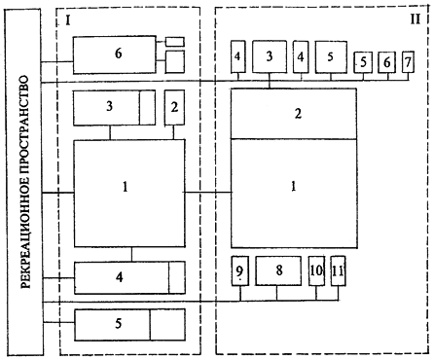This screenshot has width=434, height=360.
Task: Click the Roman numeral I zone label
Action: coord(67,20)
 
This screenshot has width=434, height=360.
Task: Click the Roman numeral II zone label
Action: coord(416,19)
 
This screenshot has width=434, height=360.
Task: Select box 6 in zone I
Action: coord(114,54)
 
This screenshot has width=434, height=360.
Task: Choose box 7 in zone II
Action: coord(408,61)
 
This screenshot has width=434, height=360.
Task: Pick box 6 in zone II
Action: coord(386,62)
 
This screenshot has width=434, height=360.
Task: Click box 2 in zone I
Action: coord(174,107)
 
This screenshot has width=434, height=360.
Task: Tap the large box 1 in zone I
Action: coord(129,194)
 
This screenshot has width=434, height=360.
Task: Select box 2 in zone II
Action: coord(294,114)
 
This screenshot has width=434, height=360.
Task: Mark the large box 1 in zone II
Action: coord(294,194)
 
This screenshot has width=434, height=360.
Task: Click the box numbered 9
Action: coord(240,270)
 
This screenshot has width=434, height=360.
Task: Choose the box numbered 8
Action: coord(278,270)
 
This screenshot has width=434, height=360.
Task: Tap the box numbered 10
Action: coord(316,270)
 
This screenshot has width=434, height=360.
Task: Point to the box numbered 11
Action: coord(338,270)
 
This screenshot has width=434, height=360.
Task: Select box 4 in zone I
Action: coord(129,277)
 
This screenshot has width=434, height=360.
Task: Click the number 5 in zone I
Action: coord(119,323)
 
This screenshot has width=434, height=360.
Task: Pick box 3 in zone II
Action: coord(270,56)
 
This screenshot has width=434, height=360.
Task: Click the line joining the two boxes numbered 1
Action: coord(207,193)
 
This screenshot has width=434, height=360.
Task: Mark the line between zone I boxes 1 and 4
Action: coord(131,254)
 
